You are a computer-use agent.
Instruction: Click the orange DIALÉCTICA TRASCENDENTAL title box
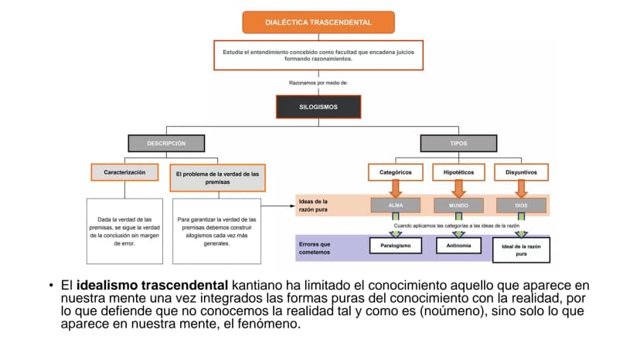(318, 22)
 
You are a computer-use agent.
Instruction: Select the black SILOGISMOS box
(318, 107)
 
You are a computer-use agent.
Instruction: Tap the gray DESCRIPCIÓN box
(166, 143)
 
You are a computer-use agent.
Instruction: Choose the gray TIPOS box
(458, 143)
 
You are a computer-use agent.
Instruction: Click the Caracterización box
(124, 172)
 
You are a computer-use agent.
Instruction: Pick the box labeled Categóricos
(396, 172)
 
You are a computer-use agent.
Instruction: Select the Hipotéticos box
(458, 172)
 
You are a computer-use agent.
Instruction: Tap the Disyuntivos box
(521, 172)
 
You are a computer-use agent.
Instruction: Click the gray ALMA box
(396, 205)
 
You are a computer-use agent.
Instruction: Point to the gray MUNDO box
(458, 205)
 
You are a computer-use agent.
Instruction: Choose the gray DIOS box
(521, 205)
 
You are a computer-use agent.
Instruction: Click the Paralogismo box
(396, 246)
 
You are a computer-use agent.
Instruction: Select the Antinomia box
(458, 246)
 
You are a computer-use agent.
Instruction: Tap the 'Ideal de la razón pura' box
(521, 250)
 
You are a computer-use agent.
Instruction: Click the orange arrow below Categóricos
(396, 188)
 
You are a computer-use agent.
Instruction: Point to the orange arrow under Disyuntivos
(521, 188)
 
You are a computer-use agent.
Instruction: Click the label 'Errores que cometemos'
(315, 248)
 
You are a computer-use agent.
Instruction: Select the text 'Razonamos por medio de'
(318, 83)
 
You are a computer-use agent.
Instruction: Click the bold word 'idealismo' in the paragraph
(107, 285)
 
